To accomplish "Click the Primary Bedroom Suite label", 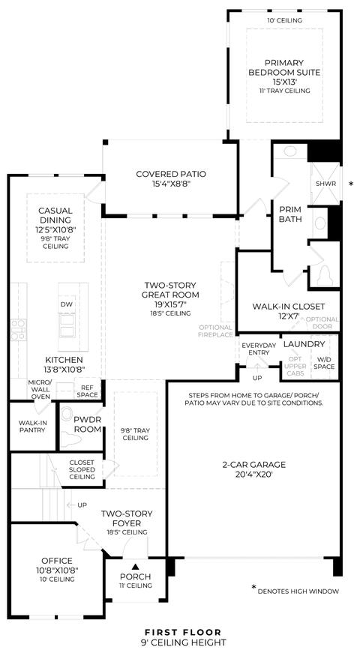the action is (x=284, y=67).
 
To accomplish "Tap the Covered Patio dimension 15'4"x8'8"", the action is (x=171, y=184).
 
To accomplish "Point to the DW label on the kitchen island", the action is (x=67, y=304).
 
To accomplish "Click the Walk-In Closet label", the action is (x=289, y=307).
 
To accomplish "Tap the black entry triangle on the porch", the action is (x=135, y=566).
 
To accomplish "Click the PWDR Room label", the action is (x=87, y=424).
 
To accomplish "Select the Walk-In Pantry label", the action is (x=31, y=427).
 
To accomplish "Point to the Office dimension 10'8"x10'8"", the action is (x=57, y=570).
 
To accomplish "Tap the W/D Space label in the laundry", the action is (x=325, y=363).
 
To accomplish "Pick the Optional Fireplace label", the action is (x=215, y=331).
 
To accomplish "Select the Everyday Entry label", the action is (x=259, y=349).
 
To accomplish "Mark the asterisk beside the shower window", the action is (x=352, y=184).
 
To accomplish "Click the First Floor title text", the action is (x=183, y=632).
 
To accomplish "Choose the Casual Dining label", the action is (x=55, y=215).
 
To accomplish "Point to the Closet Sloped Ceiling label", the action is (x=82, y=469).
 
